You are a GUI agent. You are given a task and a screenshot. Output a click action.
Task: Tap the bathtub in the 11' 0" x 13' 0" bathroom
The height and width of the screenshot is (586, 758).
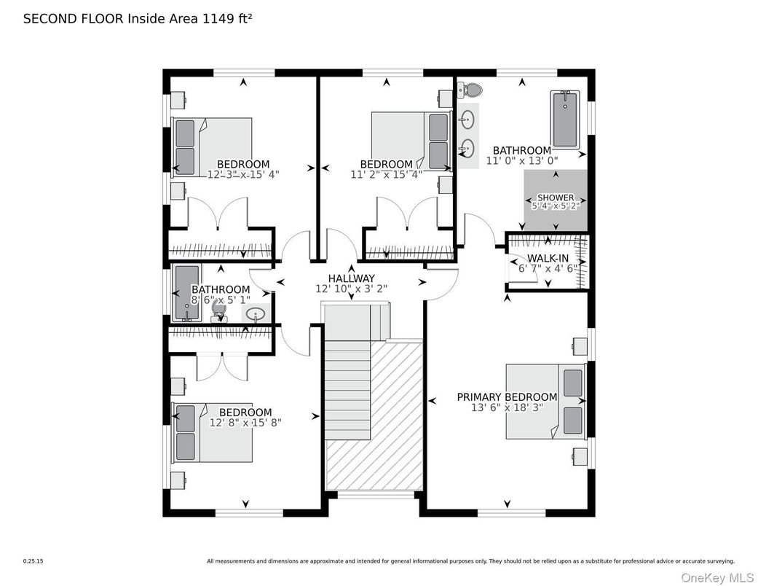(564, 119)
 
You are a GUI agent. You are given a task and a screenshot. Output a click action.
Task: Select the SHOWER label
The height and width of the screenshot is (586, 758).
(556, 198)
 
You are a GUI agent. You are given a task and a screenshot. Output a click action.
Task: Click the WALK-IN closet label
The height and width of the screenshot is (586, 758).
(548, 259)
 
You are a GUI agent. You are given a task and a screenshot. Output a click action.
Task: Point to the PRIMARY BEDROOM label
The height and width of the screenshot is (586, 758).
(507, 396)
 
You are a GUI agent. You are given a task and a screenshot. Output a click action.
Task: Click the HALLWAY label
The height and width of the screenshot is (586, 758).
(352, 278)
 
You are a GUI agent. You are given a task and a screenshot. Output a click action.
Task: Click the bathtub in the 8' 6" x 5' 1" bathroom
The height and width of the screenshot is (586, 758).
(187, 292)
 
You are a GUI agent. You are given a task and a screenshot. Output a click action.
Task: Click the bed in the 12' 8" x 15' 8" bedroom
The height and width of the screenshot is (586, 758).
(212, 432)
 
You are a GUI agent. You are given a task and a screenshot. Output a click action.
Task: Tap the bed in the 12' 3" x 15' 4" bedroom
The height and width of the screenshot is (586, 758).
(212, 147)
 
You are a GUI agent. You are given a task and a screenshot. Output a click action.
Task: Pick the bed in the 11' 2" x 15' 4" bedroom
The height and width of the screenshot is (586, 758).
(411, 141)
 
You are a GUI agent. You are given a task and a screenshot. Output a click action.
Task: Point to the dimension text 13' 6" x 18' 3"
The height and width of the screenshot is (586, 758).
(507, 407)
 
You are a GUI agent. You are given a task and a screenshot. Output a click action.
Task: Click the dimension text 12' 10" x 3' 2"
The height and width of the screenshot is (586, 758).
(352, 289)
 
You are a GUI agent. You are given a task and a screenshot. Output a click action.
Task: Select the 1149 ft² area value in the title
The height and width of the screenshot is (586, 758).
(226, 19)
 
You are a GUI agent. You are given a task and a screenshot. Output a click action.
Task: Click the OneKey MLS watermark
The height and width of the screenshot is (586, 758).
(717, 577)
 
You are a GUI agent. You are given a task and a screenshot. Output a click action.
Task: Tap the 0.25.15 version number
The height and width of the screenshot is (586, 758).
(33, 561)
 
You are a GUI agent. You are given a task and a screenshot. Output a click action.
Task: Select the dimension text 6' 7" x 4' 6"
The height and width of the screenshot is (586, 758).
(548, 268)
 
